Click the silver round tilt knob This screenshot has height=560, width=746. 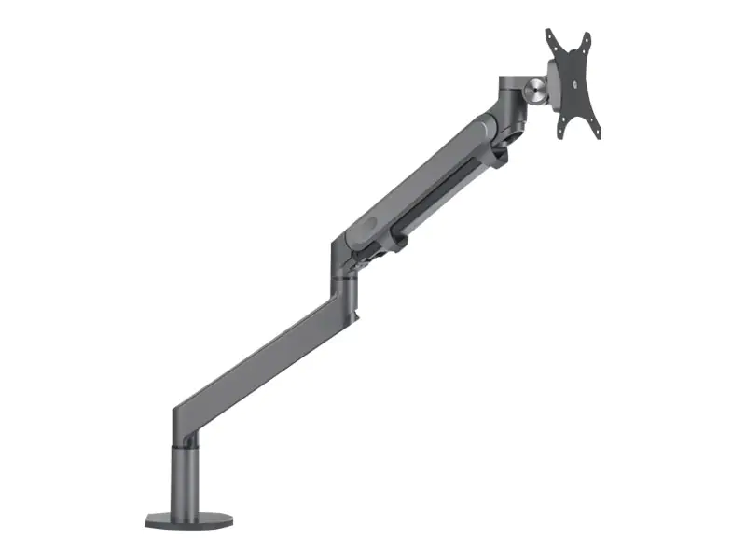pyautogui.click(x=535, y=91)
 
